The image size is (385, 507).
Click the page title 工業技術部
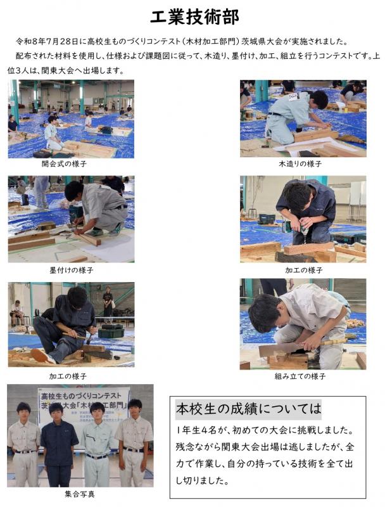click(x=194, y=17)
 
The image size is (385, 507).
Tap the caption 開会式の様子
click(x=64, y=164)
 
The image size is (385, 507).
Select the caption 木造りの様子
click(x=300, y=164)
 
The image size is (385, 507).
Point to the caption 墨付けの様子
click(x=71, y=270)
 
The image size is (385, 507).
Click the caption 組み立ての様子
click(x=300, y=376)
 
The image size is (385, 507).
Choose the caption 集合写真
click(x=79, y=494)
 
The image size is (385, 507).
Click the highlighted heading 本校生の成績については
click(x=248, y=409)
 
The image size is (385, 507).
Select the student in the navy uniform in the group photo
click(x=58, y=445)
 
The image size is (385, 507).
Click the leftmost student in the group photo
click(x=23, y=445)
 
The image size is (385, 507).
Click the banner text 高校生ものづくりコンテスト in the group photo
click(x=81, y=395)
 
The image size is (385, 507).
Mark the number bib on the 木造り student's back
click(x=294, y=97)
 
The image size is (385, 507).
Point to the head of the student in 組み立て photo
click(x=265, y=313)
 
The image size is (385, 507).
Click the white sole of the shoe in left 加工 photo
click(x=41, y=356)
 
